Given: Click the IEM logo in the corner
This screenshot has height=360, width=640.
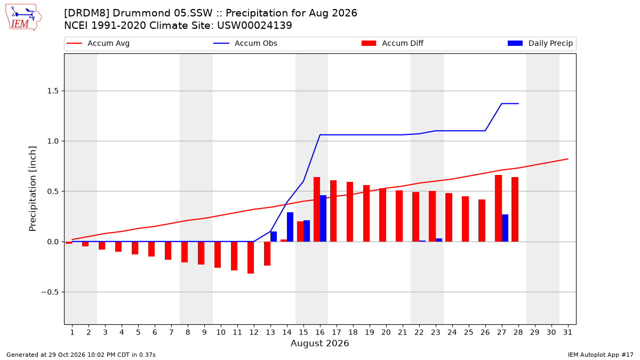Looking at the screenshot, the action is pyautogui.click(x=23, y=18).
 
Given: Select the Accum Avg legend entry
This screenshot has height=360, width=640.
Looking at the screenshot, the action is pyautogui.click(x=98, y=43).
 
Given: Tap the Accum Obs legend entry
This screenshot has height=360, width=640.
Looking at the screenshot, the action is pyautogui.click(x=245, y=43).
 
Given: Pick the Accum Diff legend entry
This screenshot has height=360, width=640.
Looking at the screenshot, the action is pyautogui.click(x=393, y=43).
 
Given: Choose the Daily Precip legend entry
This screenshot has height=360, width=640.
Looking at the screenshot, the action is pyautogui.click(x=540, y=43).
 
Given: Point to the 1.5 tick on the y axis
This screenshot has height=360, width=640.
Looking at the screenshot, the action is pyautogui.click(x=53, y=91).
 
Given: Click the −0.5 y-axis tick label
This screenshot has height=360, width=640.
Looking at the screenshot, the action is pyautogui.click(x=50, y=292).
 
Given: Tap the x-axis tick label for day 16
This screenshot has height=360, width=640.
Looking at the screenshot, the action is pyautogui.click(x=320, y=332).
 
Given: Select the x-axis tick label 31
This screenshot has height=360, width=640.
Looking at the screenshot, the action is pyautogui.click(x=567, y=332).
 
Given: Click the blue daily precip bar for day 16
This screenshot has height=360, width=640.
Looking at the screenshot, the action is pyautogui.click(x=323, y=219).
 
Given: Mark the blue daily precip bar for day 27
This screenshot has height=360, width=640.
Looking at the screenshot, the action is pyautogui.click(x=505, y=228).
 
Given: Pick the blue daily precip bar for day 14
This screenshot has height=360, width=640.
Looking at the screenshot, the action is pyautogui.click(x=290, y=227).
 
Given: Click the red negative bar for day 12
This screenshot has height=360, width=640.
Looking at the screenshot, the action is pyautogui.click(x=251, y=258).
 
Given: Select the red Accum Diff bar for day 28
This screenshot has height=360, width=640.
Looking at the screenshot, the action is pyautogui.click(x=515, y=210).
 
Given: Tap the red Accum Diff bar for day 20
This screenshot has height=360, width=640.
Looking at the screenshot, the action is pyautogui.click(x=382, y=215).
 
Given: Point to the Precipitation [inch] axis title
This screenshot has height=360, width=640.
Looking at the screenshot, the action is pyautogui.click(x=33, y=189).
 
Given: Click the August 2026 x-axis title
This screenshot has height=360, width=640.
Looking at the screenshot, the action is pyautogui.click(x=319, y=343).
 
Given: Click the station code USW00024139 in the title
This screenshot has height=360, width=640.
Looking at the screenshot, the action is pyautogui.click(x=254, y=26).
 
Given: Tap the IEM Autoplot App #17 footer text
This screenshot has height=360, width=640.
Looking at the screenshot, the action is pyautogui.click(x=601, y=355).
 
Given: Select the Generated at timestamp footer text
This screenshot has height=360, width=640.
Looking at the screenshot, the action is pyautogui.click(x=81, y=355).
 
